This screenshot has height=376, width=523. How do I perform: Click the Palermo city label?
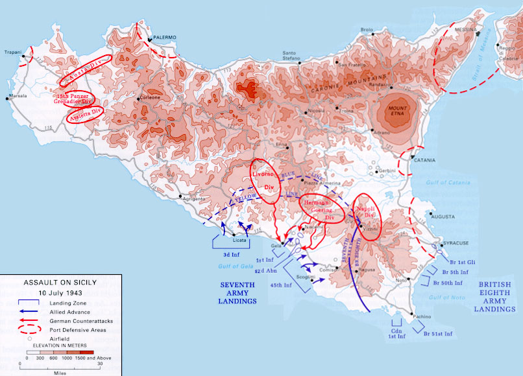pyautogui.click(x=165, y=38)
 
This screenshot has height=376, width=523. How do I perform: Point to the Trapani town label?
pyautogui.click(x=13, y=52)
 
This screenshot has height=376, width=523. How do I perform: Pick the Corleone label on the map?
pyautogui.click(x=149, y=97)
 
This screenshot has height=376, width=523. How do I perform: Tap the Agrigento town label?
pyautogui.click(x=194, y=199)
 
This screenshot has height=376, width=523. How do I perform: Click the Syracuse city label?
pyautogui.click(x=456, y=243)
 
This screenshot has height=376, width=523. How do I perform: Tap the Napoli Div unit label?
pyautogui.click(x=367, y=213)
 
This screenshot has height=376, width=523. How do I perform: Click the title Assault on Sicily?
pyautogui.click(x=53, y=283)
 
